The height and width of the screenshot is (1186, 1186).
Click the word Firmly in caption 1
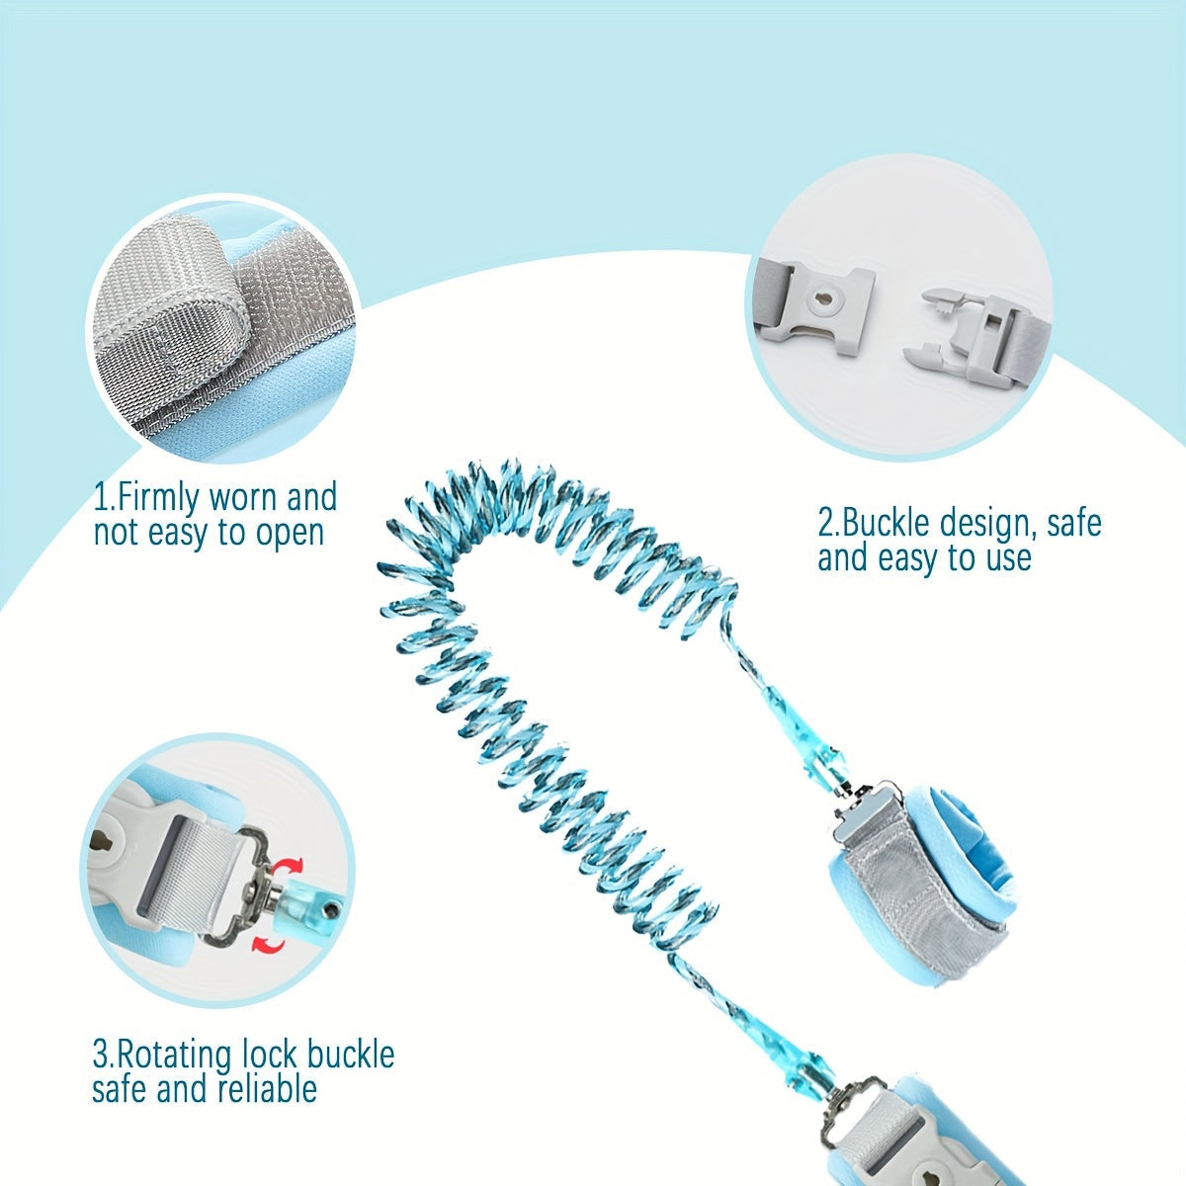(159, 498)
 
